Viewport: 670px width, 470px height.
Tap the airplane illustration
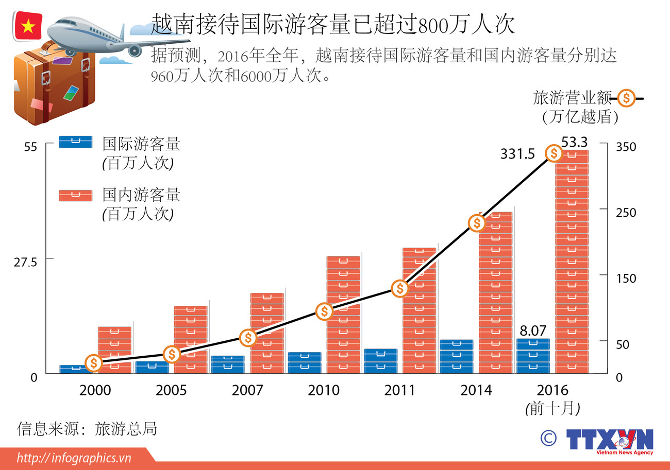pos(103,34)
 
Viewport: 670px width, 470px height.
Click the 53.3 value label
pos(574,142)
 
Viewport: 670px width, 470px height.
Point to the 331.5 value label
pos(517,153)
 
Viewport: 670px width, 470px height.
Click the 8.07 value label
pos(532,330)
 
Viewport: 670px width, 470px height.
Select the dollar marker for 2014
pos(477,223)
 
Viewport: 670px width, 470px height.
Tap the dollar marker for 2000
pos(93,363)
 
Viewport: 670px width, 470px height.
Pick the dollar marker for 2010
pos(324,311)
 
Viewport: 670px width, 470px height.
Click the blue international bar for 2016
pos(533,356)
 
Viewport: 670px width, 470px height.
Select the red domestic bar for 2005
pos(191,339)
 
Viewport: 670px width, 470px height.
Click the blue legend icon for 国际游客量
pos(76,142)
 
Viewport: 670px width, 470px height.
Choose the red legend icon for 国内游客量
pos(76,196)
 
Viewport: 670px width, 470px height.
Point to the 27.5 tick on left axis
pos(25,262)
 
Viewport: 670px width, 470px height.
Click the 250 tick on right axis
pos(626,212)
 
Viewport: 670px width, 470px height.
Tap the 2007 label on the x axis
pos(247,390)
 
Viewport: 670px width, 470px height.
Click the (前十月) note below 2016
pos(552,409)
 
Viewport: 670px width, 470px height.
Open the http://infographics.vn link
pos(74,458)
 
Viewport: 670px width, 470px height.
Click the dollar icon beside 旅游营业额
pos(626,97)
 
